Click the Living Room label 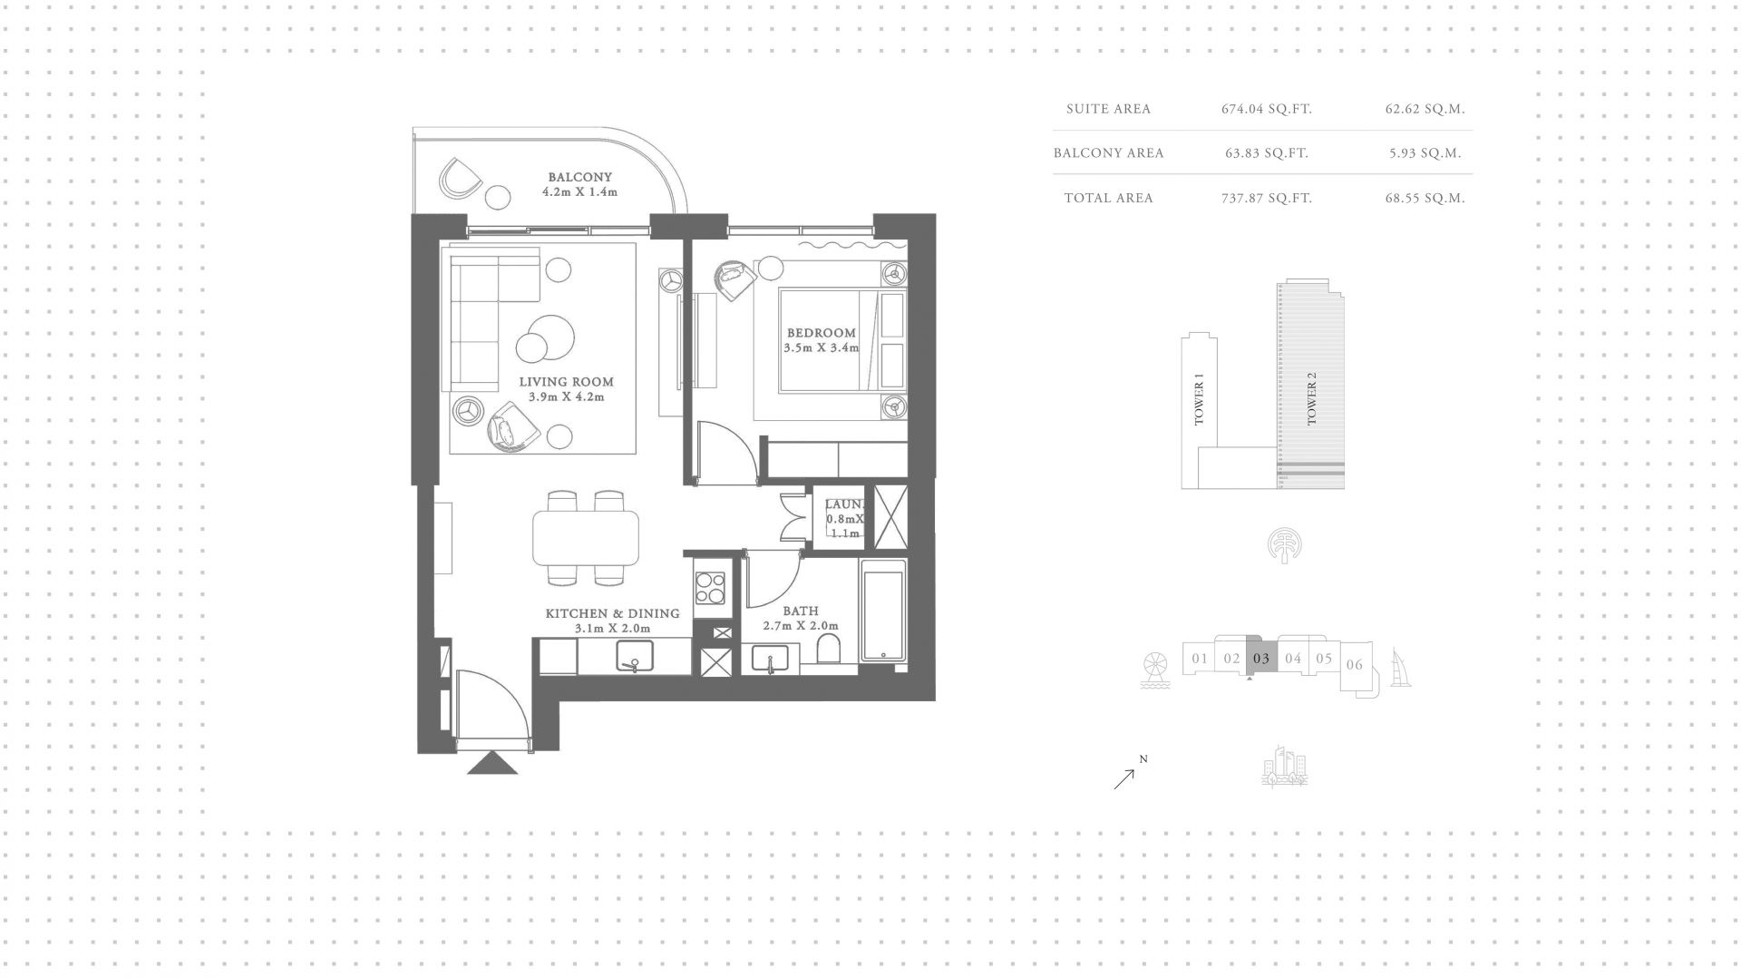tap(566, 382)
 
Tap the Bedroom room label tap(822, 333)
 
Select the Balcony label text tap(579, 177)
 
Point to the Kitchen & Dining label tap(612, 613)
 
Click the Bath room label tap(801, 611)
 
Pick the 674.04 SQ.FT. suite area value tap(1267, 109)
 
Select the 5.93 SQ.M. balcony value tap(1425, 153)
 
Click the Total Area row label tap(1108, 198)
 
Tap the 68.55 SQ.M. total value tap(1425, 198)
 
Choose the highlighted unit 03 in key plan tap(1261, 658)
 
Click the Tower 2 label tap(1311, 398)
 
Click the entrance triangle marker tap(492, 763)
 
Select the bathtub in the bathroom tap(883, 610)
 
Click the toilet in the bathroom tap(828, 650)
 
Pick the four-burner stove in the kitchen tap(709, 587)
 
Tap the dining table tap(586, 537)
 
